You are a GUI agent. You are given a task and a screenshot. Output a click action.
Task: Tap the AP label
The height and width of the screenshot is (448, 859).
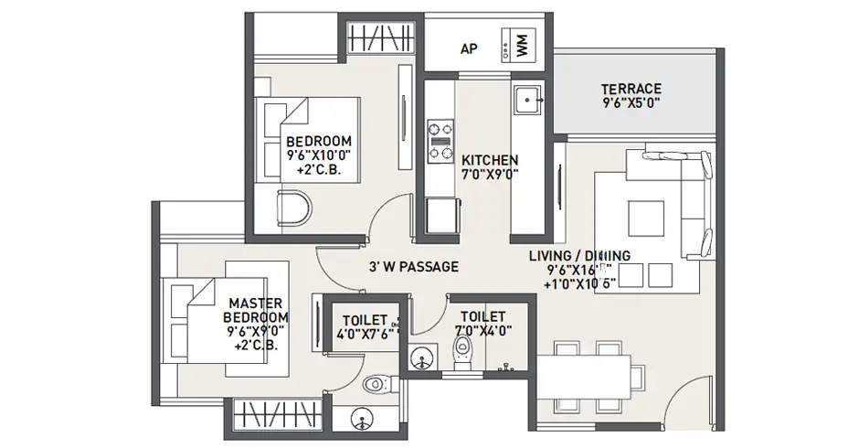pyautogui.click(x=469, y=48)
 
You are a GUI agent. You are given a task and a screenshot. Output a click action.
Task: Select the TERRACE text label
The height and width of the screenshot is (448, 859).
pyautogui.click(x=631, y=89)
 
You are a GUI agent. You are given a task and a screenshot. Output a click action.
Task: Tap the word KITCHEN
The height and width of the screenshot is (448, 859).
pyautogui.click(x=490, y=158)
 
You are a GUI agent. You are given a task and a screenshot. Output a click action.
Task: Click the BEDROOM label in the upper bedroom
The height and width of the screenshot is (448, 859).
pyautogui.click(x=319, y=140)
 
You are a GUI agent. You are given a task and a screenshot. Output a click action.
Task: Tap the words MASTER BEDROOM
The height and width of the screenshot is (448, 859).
pyautogui.click(x=255, y=309)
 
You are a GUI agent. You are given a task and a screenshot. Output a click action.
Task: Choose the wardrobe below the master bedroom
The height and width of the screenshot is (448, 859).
pyautogui.click(x=265, y=419)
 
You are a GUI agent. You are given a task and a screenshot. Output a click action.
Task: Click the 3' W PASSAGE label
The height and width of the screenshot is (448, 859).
pyautogui.click(x=408, y=268)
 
